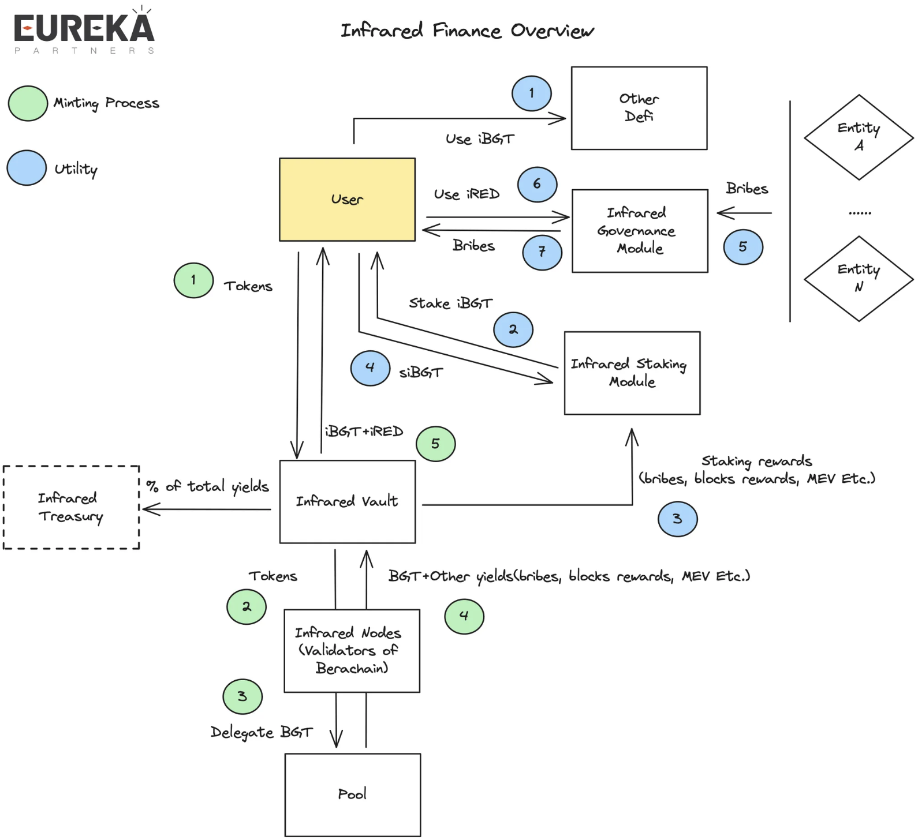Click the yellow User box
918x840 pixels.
(x=347, y=199)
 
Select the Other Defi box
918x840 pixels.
(x=639, y=108)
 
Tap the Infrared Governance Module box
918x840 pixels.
(x=640, y=230)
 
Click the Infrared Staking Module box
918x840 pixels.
(x=632, y=373)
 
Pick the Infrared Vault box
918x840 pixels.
(x=347, y=501)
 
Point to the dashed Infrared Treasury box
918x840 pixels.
(x=71, y=507)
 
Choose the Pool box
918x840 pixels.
(x=352, y=794)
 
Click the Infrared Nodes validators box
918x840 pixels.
(x=352, y=651)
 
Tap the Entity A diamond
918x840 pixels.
(x=859, y=137)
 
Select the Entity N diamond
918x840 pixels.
(x=859, y=278)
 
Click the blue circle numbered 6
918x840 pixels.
(x=537, y=185)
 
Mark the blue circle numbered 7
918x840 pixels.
(x=542, y=252)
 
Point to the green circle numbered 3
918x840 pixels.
(x=242, y=696)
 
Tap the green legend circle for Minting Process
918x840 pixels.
(x=28, y=103)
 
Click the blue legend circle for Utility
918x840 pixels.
(x=27, y=168)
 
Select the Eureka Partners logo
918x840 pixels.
(x=84, y=30)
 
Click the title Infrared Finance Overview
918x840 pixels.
(x=467, y=31)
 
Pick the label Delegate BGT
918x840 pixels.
(x=261, y=733)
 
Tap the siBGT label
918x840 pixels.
(x=421, y=373)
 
